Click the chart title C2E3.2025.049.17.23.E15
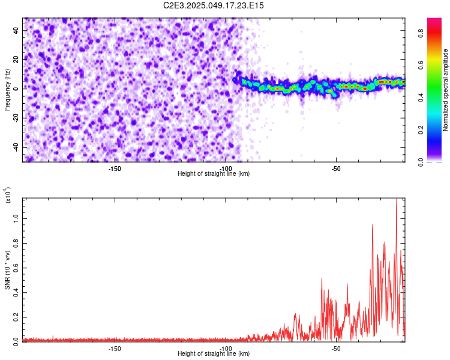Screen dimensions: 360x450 pos(214,5)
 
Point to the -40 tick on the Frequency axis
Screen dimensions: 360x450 pos(14,147)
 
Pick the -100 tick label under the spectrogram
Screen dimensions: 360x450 pos(226,169)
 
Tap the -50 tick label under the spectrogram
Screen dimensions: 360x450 pos(336,169)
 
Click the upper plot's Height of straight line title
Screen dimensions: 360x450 pos(214,174)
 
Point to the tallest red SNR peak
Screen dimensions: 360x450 pos(396,200)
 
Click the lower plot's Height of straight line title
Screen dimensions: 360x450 pos(214,354)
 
